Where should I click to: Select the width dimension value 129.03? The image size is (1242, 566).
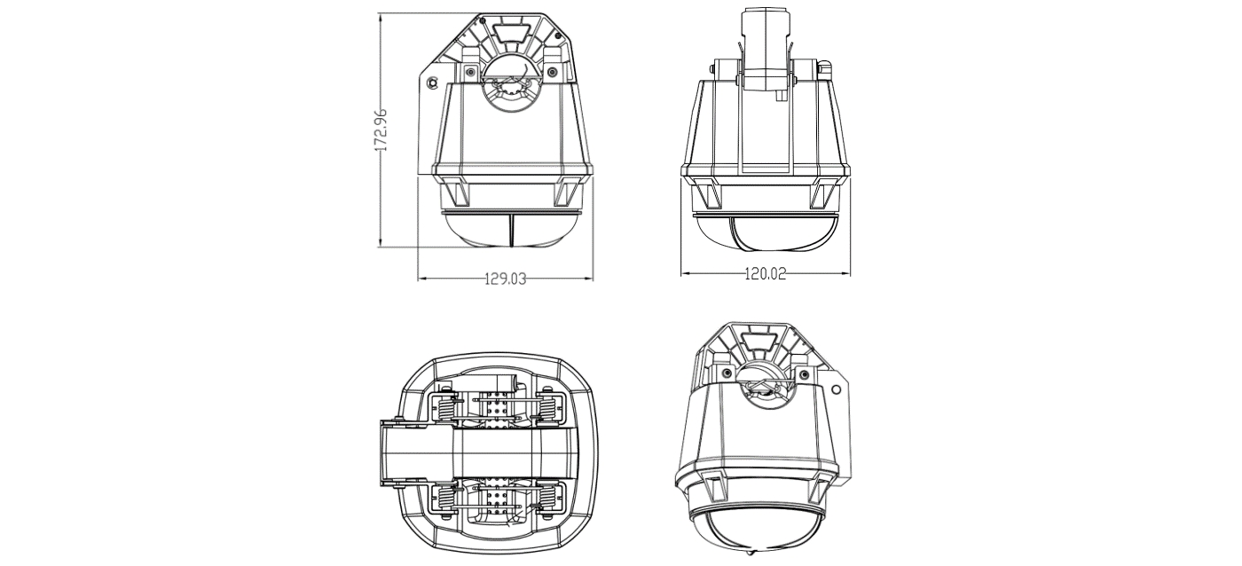[x=506, y=279]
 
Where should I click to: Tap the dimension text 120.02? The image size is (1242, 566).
[x=765, y=274]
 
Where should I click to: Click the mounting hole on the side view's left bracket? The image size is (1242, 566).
[x=432, y=83]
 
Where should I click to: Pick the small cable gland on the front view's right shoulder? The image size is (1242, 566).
[x=824, y=67]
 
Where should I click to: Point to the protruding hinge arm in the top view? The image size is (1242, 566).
[x=404, y=452]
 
